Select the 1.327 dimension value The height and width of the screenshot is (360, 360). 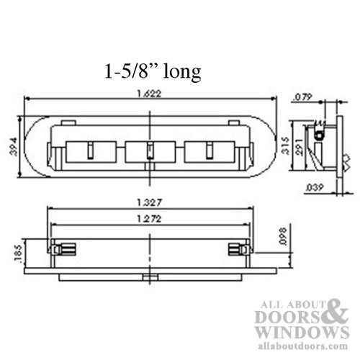tap(149, 203)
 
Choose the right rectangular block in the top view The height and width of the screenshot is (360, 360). tap(208, 152)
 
